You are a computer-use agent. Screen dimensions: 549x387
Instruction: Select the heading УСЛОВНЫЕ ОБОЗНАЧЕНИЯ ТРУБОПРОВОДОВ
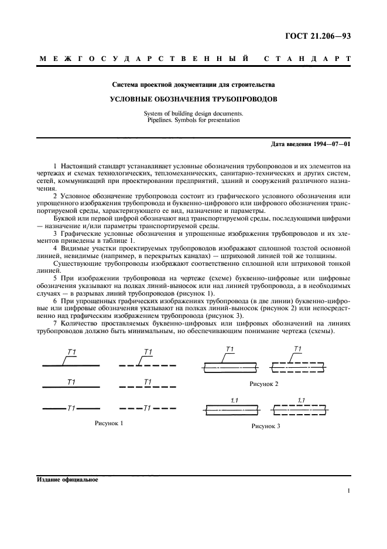(x=194, y=99)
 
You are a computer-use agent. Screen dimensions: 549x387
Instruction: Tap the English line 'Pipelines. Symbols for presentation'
(x=194, y=120)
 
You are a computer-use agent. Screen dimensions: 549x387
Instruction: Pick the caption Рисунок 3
(x=266, y=426)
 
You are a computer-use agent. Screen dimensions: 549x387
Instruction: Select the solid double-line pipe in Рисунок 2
(x=230, y=367)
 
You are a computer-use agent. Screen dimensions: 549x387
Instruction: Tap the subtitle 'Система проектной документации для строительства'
(x=194, y=85)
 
